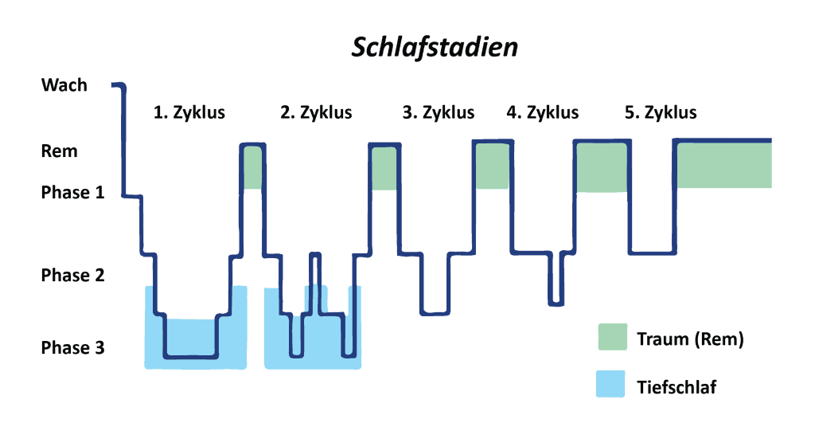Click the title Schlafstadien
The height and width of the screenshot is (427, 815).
[435, 48]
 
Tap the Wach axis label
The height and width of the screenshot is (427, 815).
[64, 84]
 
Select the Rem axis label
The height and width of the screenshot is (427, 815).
[60, 151]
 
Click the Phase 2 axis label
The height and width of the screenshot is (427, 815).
[72, 276]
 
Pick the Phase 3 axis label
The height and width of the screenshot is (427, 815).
[72, 348]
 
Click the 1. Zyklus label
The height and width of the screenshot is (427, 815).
[189, 112]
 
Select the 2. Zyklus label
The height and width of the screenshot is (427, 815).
[316, 112]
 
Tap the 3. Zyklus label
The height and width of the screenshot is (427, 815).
[439, 112]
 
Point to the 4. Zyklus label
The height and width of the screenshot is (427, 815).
[543, 112]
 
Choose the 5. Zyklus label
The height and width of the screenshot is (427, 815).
[661, 112]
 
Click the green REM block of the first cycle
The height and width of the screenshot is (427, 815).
[253, 168]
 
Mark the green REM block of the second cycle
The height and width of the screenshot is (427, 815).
[384, 169]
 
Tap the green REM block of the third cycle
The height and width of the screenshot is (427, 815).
[493, 166]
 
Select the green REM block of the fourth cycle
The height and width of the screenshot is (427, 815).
[601, 168]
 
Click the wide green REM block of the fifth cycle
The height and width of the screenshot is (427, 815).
[723, 166]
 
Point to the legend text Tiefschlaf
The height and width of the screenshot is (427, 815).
[677, 387]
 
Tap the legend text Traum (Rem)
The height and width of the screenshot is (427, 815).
[690, 339]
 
